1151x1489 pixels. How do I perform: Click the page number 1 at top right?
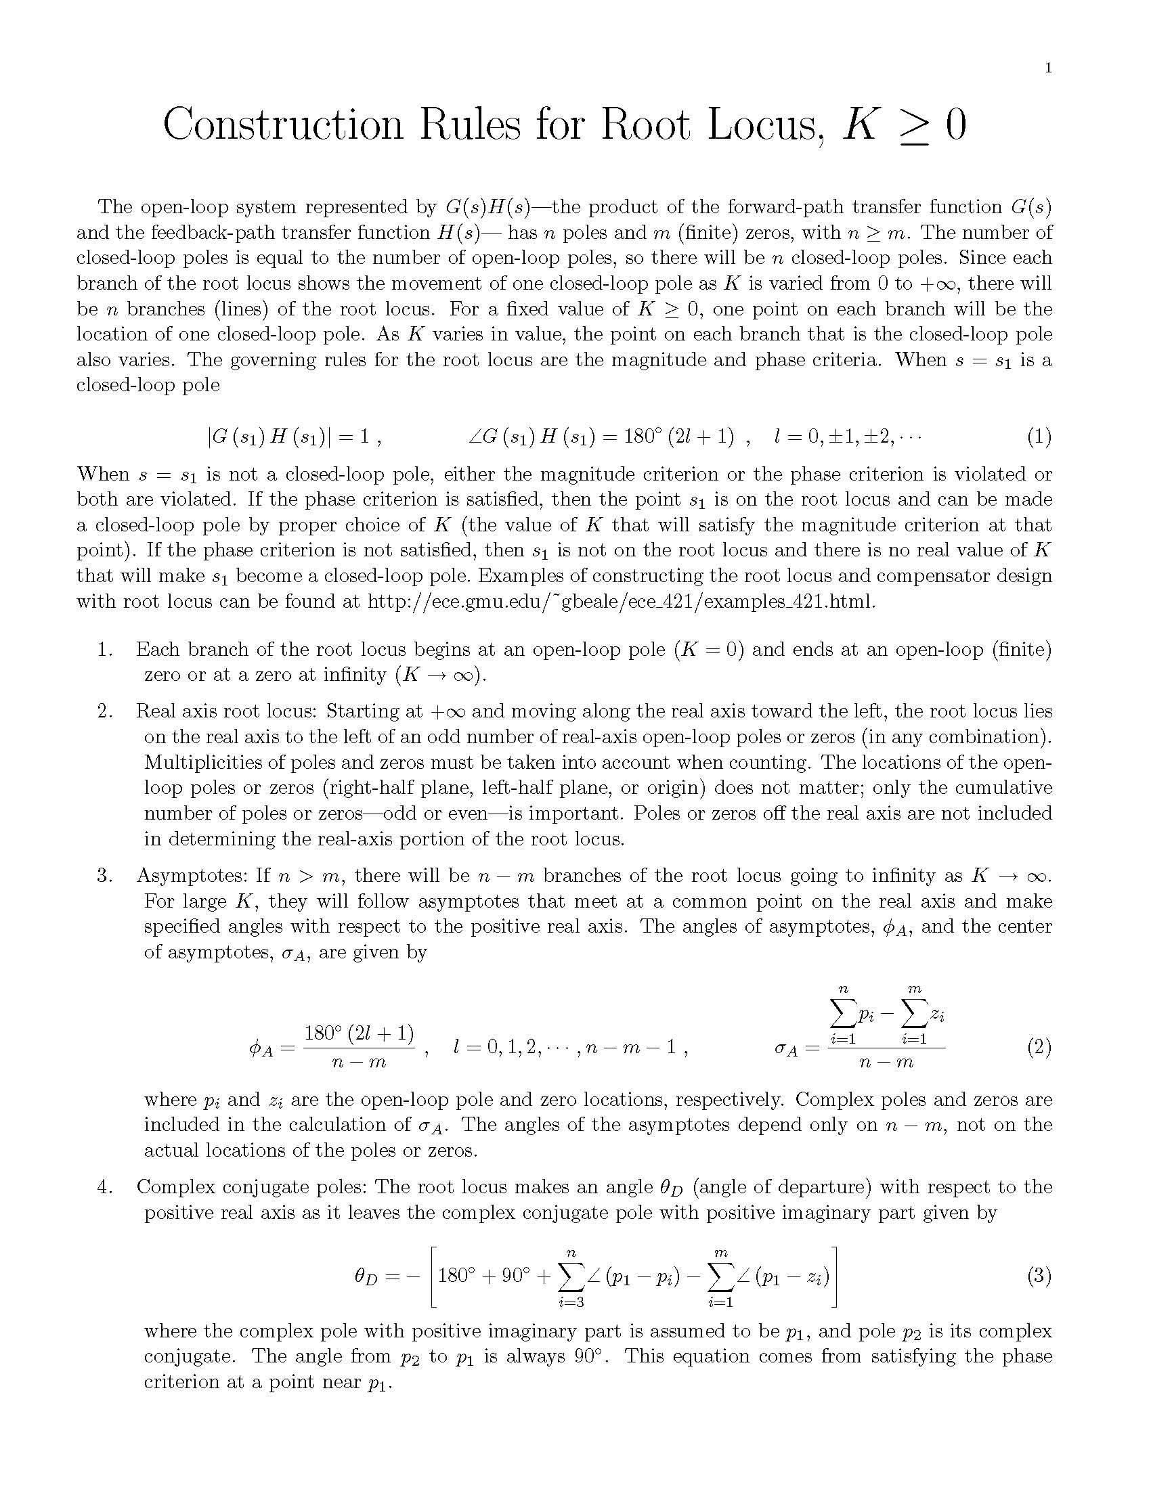pyautogui.click(x=1048, y=68)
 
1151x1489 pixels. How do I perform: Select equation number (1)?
pyautogui.click(x=1039, y=437)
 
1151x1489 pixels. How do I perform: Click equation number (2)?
pyautogui.click(x=1039, y=1046)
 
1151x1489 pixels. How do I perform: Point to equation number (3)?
pyautogui.click(x=1039, y=1276)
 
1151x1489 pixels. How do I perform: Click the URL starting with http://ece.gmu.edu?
pyautogui.click(x=620, y=601)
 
